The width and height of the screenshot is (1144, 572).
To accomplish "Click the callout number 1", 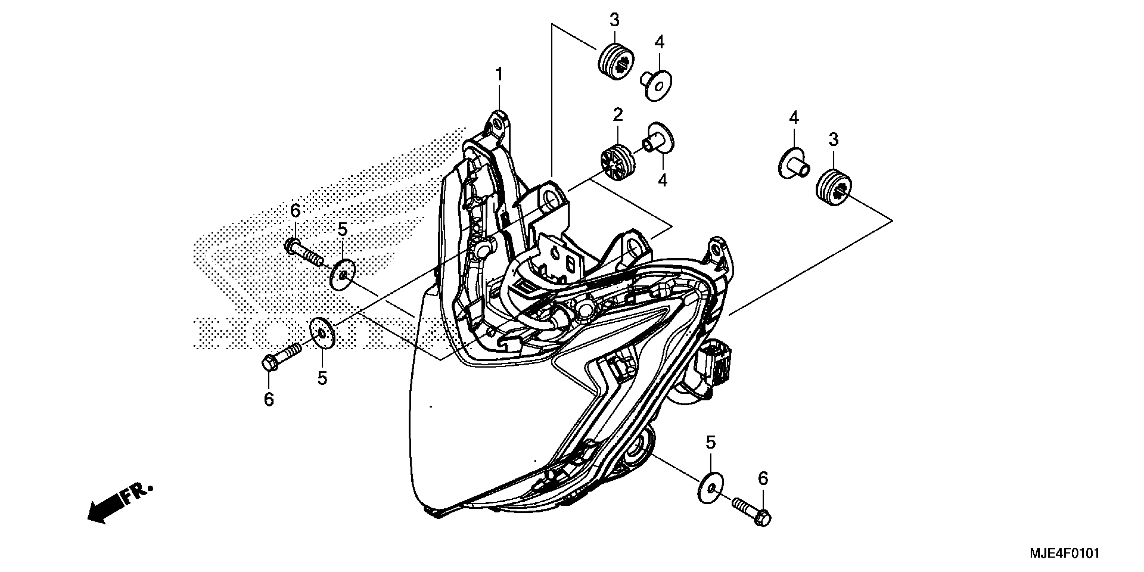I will pos(499,74).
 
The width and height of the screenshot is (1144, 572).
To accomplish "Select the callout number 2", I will pos(618,115).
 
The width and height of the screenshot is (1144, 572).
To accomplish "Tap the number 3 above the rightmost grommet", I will pos(833,139).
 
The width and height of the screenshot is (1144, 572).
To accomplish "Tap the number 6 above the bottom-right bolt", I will pos(762,478).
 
